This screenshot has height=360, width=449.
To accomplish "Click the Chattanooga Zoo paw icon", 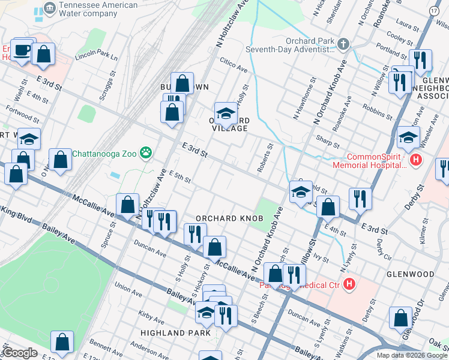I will [146, 153].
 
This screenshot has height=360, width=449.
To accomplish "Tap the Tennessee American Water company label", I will [97, 9].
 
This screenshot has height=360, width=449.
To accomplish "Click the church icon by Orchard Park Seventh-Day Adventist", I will [343, 44].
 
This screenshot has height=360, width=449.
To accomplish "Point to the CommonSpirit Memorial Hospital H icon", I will [415, 160].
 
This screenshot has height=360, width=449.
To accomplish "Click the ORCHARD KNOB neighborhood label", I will [226, 218].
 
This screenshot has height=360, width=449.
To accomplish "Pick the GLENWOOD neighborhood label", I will [411, 274].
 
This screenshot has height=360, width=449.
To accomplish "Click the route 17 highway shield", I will [434, 11].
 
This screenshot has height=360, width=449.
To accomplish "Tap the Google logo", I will [20, 353].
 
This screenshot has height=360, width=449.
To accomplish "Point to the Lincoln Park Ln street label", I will [96, 56].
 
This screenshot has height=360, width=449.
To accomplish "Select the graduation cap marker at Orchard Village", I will [226, 113].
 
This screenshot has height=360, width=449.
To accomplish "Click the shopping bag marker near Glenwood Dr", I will [400, 319].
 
